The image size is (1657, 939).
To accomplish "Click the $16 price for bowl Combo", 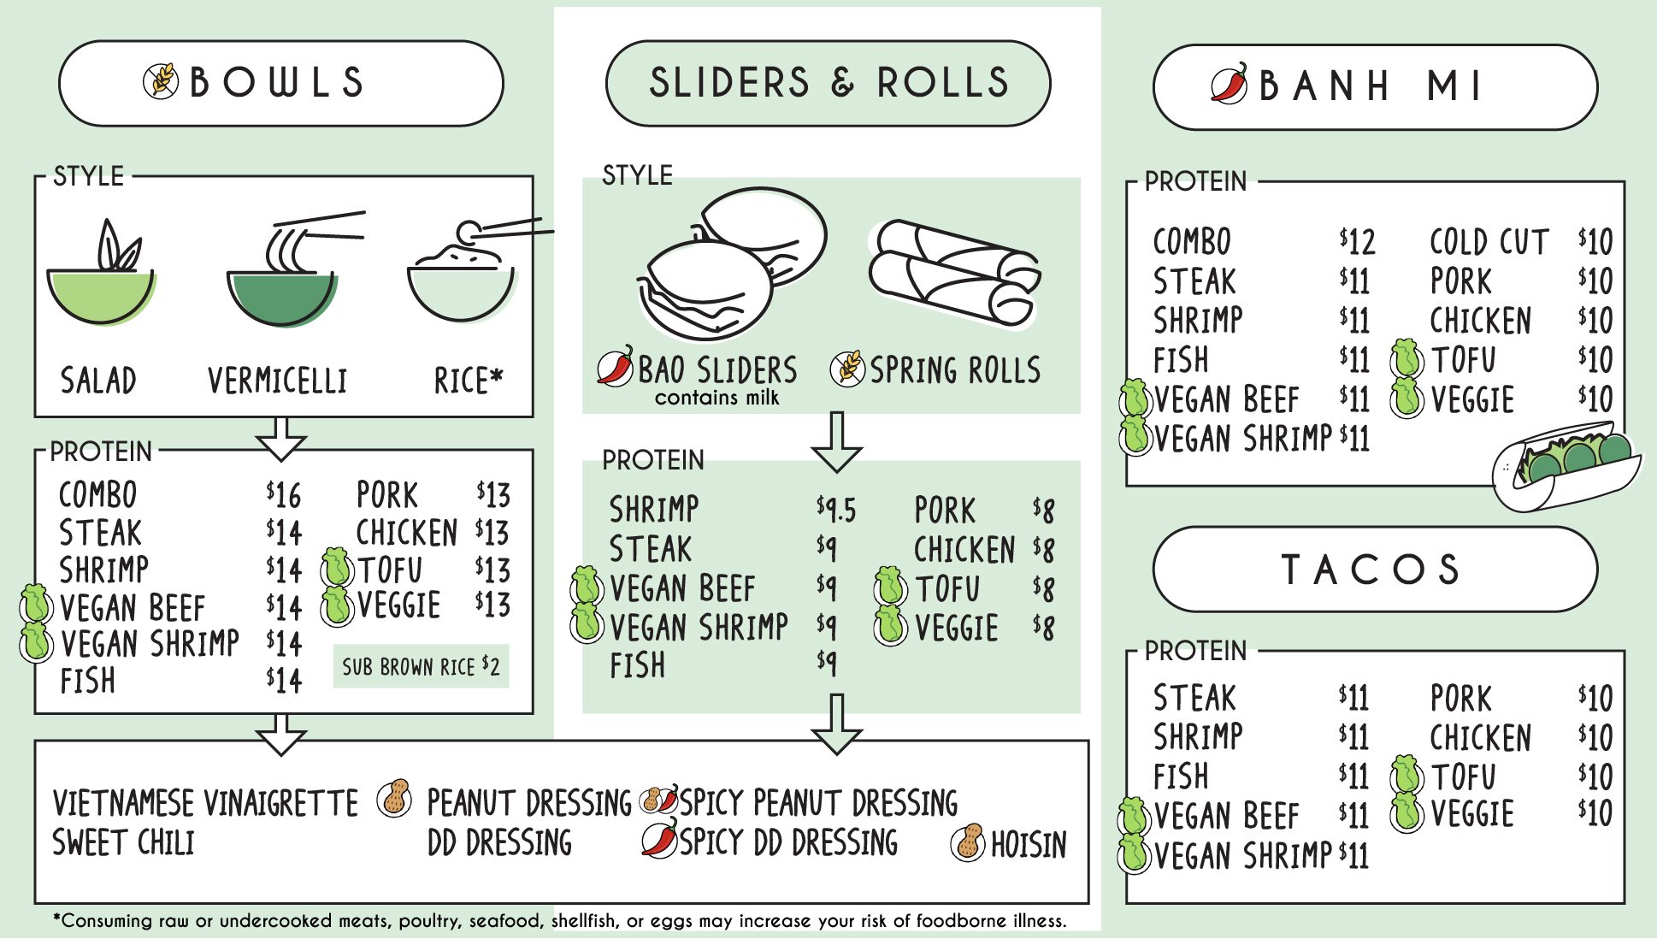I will tap(283, 495).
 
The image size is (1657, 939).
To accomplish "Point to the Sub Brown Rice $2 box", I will tap(421, 666).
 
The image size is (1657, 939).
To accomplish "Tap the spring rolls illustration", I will tap(953, 273).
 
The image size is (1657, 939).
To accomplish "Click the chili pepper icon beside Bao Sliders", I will tap(616, 367).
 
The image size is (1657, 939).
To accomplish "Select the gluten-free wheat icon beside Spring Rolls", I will tap(847, 369).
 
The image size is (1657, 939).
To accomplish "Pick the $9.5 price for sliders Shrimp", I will tap(835, 510).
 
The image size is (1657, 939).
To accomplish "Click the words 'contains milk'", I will tap(716, 398).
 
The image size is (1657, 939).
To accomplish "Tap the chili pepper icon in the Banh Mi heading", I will tap(1229, 84).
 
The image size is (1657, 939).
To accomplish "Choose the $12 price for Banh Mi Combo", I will tap(1357, 242).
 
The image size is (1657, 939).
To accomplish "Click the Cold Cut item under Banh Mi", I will tap(1489, 242).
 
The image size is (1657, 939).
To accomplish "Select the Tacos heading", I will tap(1374, 570).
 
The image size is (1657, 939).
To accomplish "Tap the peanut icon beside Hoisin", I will tap(968, 843).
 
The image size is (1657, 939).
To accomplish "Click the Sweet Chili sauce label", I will tap(123, 843).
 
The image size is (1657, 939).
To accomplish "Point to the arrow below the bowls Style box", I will tap(281, 439).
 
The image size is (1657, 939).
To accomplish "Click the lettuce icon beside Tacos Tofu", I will tap(1406, 775).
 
